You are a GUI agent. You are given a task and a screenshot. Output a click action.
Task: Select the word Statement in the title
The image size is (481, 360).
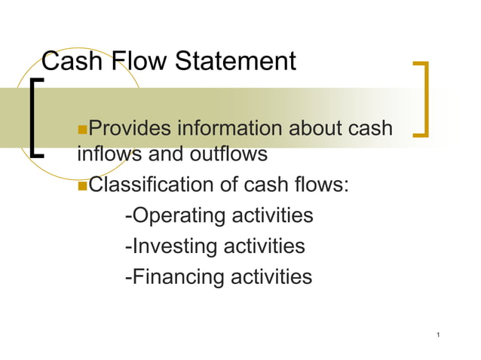click(235, 61)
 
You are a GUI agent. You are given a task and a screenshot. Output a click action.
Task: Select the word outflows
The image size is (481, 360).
click(228, 154)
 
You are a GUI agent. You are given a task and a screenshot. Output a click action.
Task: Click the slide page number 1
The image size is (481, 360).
click(437, 334)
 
